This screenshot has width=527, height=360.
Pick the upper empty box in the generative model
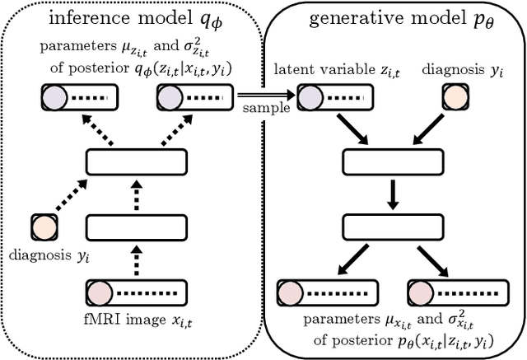click(x=391, y=161)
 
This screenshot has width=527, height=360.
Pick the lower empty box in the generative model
click(x=391, y=226)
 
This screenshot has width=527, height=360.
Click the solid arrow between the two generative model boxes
click(x=391, y=194)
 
